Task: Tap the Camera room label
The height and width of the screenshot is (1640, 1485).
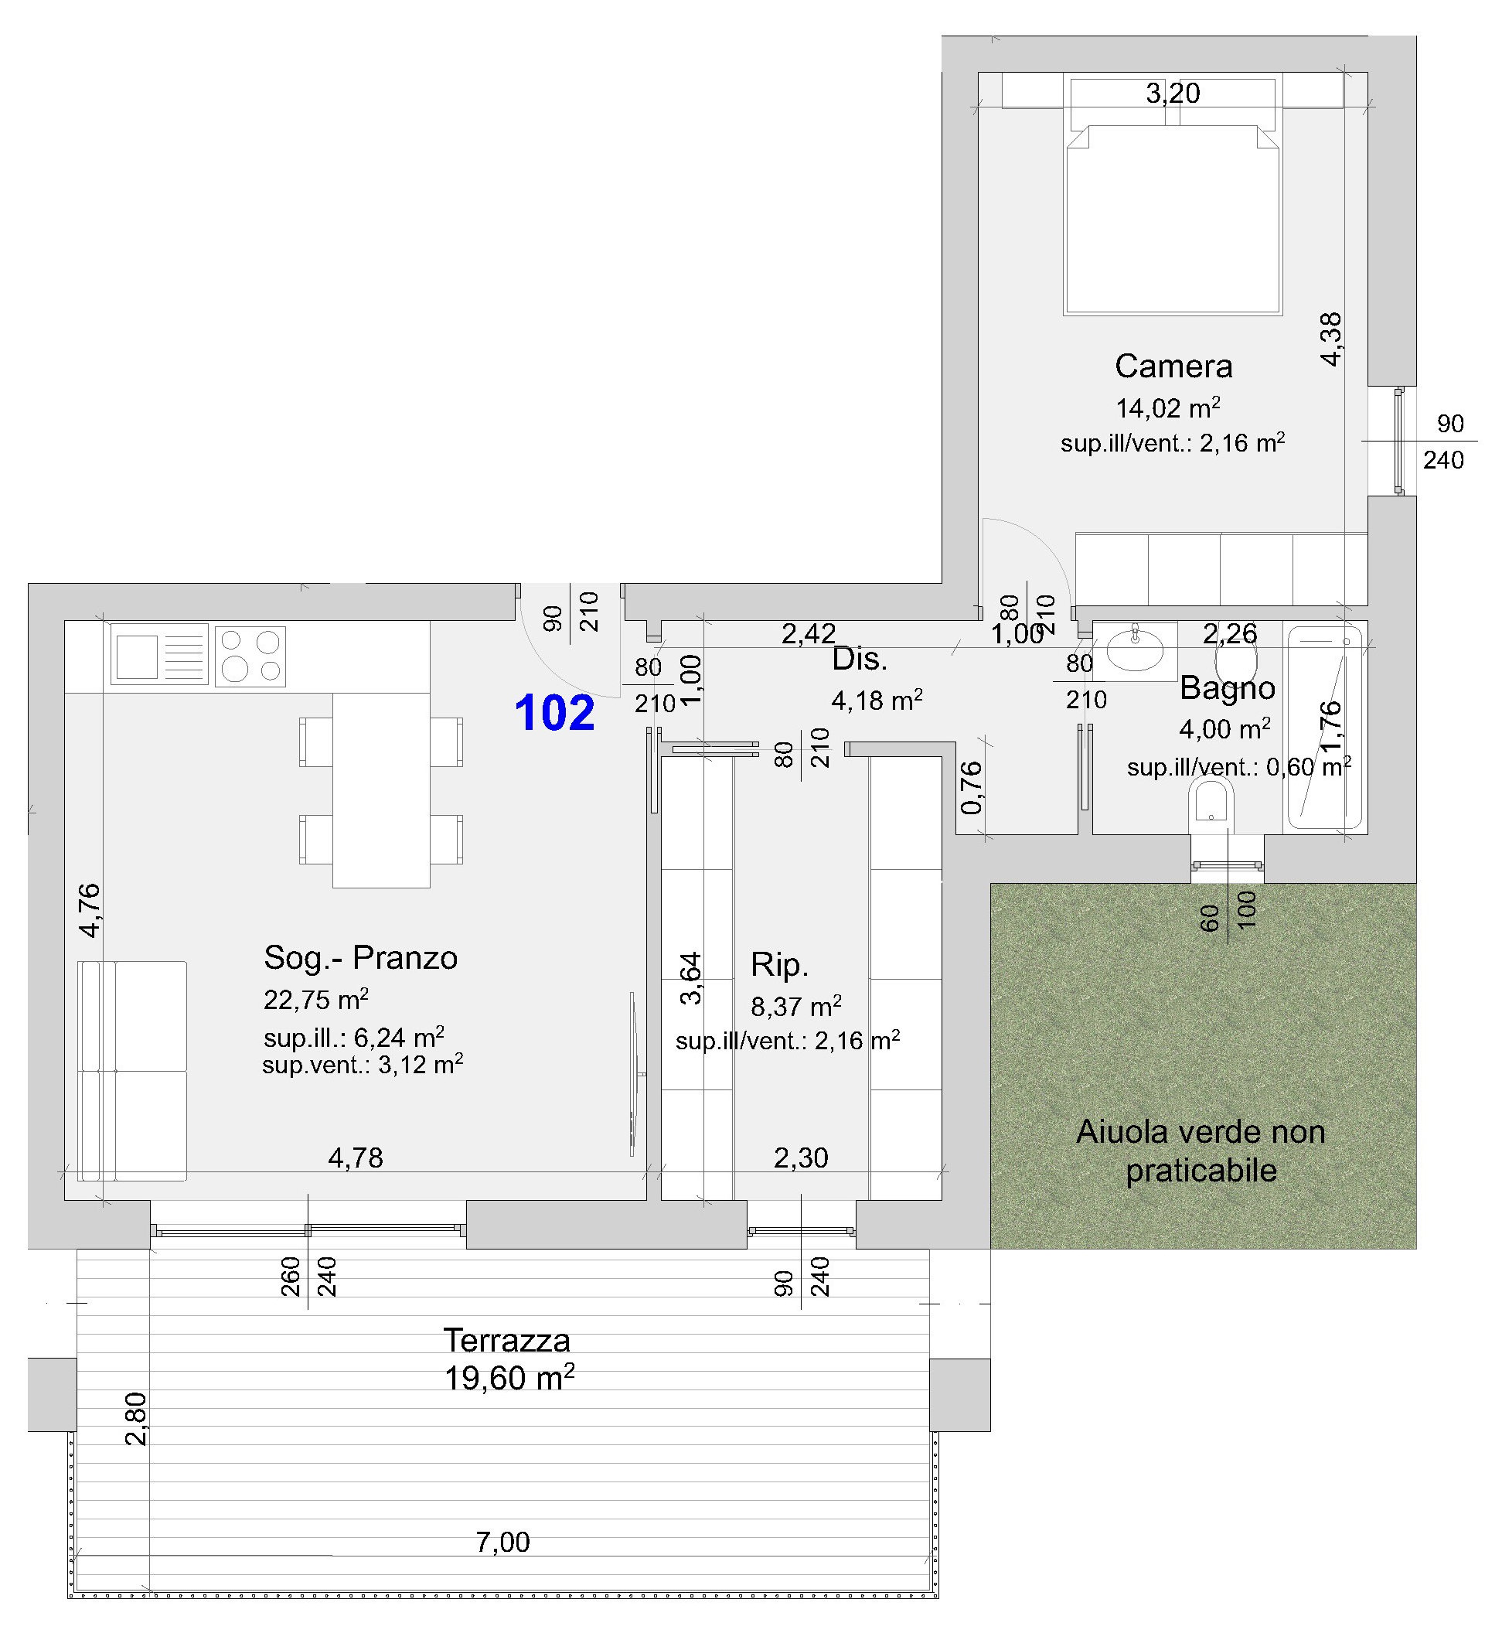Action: tap(1173, 366)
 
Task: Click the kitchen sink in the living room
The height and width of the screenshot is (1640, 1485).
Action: tap(159, 654)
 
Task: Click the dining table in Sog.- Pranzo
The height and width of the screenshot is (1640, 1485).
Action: tap(381, 790)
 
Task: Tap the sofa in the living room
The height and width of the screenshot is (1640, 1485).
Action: tap(132, 1071)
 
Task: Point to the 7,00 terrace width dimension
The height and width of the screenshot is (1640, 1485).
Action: tap(502, 1542)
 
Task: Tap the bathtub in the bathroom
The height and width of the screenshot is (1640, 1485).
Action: tap(1325, 728)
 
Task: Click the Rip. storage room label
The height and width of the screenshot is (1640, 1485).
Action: tap(779, 965)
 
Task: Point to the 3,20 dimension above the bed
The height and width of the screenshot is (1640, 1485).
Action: tap(1173, 94)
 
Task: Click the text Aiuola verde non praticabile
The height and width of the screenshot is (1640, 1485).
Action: tap(1201, 1151)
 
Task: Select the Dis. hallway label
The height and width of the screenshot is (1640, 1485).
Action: tap(859, 660)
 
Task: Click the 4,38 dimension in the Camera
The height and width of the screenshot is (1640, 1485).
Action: tap(1330, 339)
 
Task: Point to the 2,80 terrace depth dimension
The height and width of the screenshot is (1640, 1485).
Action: tap(136, 1419)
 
